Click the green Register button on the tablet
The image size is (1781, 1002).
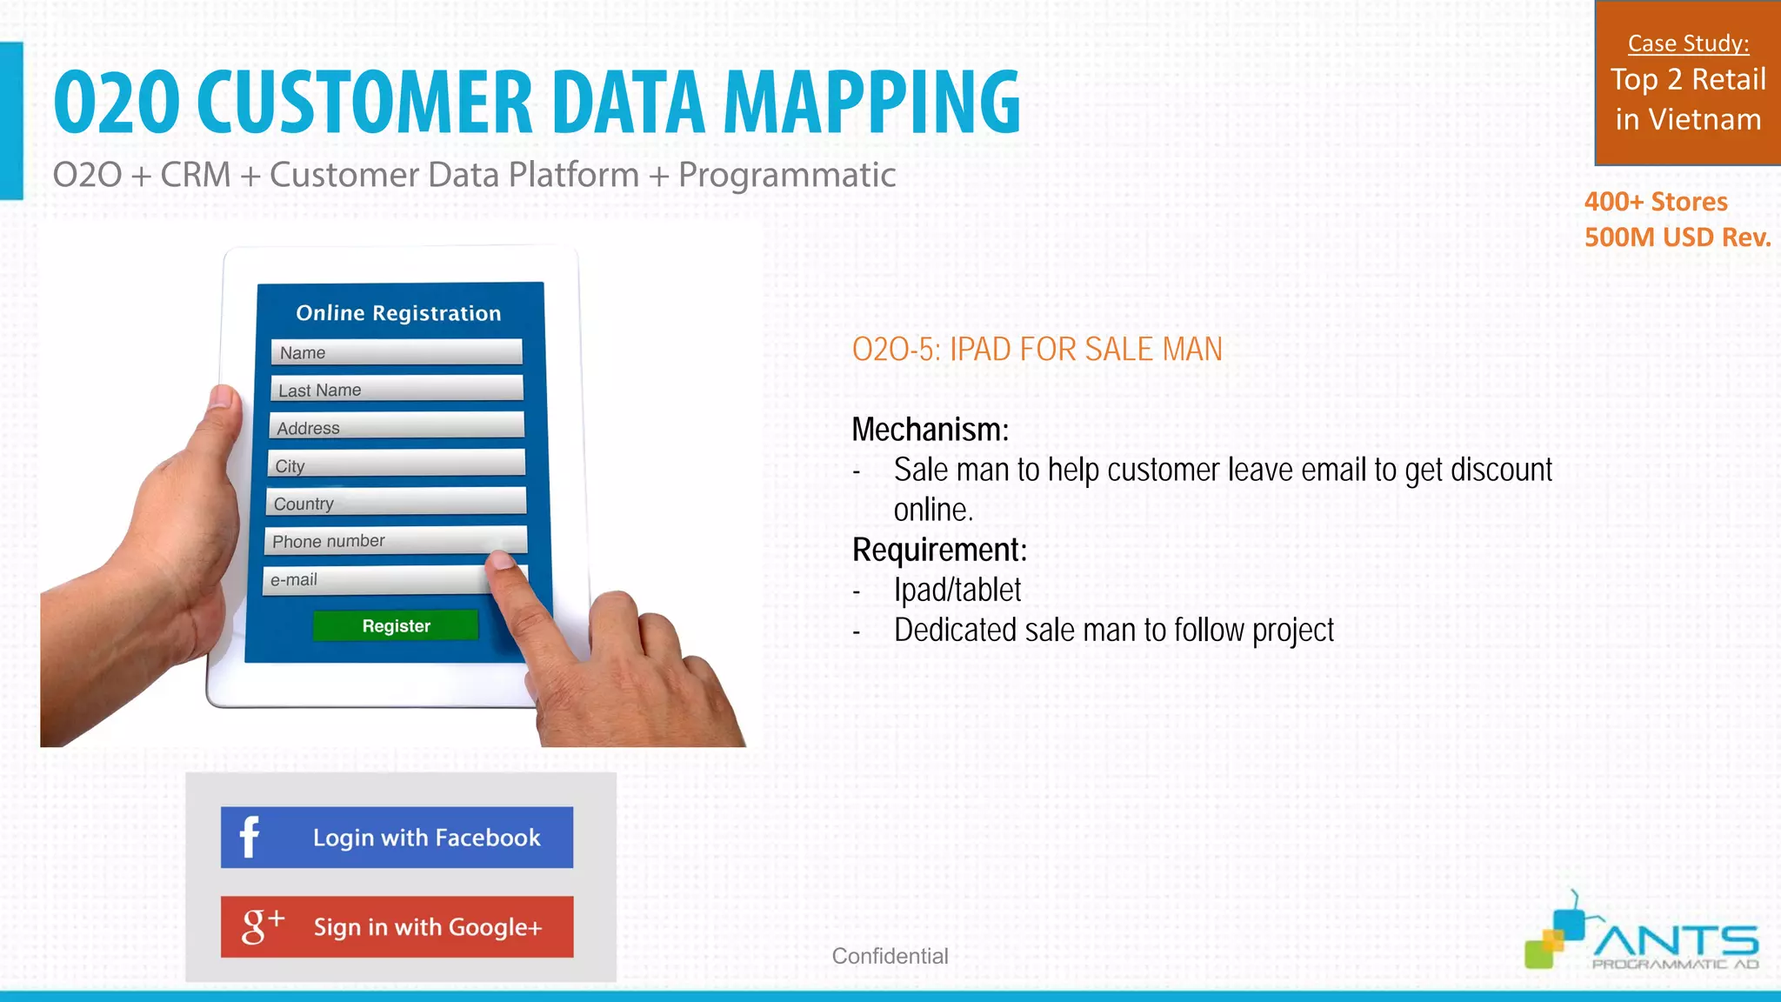tap(396, 625)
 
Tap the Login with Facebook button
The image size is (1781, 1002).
tap(397, 837)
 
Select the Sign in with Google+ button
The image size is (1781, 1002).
tap(397, 926)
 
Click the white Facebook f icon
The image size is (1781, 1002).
tap(249, 838)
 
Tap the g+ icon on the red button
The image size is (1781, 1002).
tap(262, 925)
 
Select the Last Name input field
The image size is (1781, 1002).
tap(397, 389)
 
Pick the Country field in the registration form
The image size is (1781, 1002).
tap(396, 503)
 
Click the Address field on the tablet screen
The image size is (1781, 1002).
tap(397, 427)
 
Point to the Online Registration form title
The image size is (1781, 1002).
tap(398, 313)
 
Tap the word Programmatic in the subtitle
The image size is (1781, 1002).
tap(786, 175)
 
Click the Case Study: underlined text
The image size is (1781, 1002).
tap(1688, 43)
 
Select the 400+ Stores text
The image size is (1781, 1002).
tap(1655, 202)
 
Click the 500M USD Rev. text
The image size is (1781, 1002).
tap(1677, 237)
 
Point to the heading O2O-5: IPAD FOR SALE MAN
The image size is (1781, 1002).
tap(1037, 350)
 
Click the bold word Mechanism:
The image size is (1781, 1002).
tap(930, 430)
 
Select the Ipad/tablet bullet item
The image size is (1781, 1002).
tap(957, 590)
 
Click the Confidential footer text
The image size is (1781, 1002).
tap(890, 956)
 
